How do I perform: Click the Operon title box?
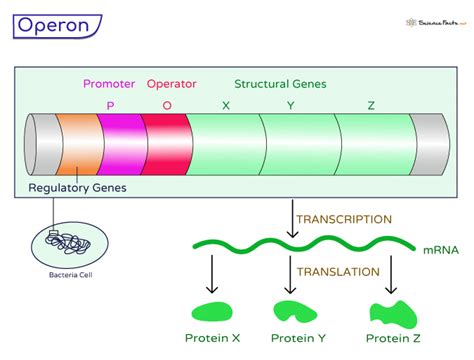[54, 24]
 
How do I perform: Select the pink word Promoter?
[109, 84]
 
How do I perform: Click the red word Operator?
[171, 84]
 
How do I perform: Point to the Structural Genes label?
[280, 84]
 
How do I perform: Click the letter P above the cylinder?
[110, 104]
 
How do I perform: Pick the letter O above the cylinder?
[167, 104]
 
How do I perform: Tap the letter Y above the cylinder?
[290, 104]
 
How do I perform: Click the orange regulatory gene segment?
[76, 146]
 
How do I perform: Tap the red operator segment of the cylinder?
[165, 146]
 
